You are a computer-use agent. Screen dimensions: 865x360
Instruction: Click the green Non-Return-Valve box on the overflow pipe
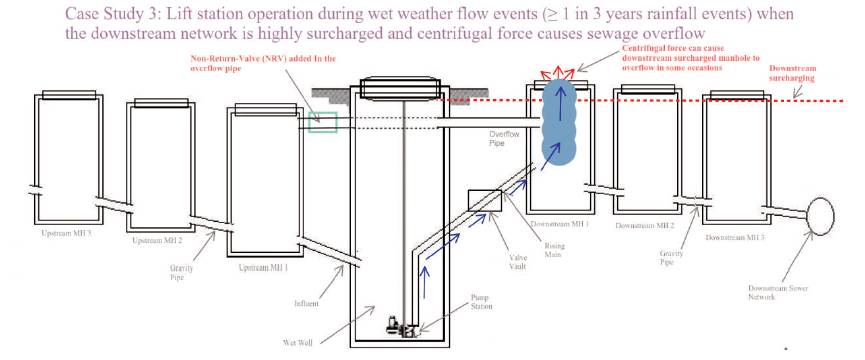point(323,121)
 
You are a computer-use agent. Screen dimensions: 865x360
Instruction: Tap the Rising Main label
point(530,250)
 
